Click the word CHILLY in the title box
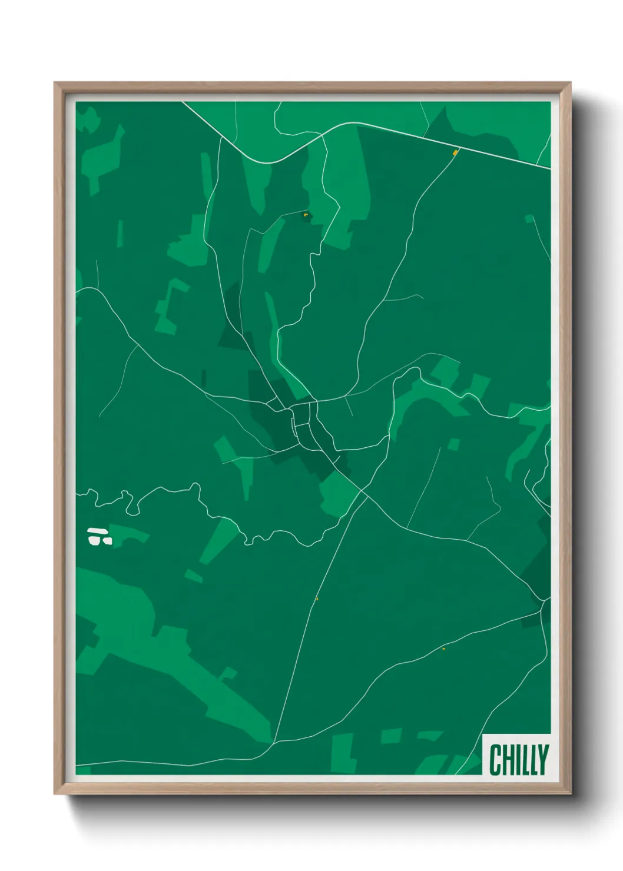click(x=519, y=760)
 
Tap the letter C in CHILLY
click(x=495, y=760)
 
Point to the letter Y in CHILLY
click(x=543, y=760)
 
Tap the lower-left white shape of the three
click(x=94, y=539)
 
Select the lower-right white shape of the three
click(x=107, y=540)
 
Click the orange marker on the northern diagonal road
click(x=455, y=153)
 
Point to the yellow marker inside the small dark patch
click(x=305, y=215)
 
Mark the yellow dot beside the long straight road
click(x=317, y=599)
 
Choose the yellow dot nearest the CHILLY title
click(x=443, y=649)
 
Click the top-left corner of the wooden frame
click(x=55, y=84)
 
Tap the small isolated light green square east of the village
click(x=453, y=444)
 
